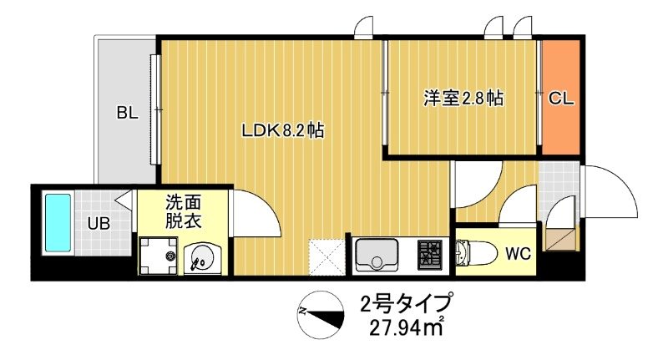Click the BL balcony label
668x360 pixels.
click(127, 112)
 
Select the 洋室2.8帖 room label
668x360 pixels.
click(463, 99)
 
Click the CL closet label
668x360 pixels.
click(561, 99)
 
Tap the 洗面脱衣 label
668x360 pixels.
click(184, 211)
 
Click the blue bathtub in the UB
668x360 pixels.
click(57, 221)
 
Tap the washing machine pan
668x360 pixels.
click(159, 255)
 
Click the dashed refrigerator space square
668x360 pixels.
click(327, 256)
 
